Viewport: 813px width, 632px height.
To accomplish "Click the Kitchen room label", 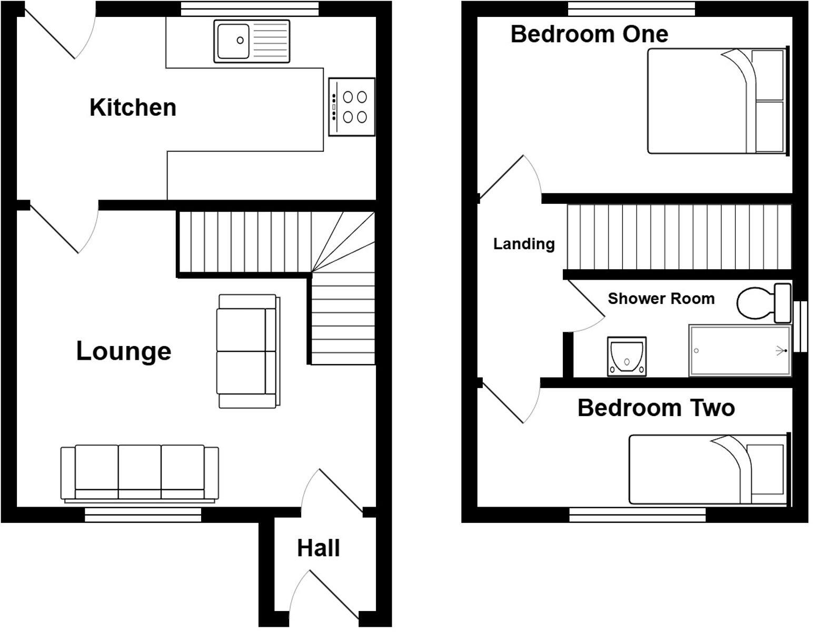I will click(133, 107).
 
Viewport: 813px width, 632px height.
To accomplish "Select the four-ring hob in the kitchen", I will click(352, 107).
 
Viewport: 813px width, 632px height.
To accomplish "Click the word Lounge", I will click(124, 351).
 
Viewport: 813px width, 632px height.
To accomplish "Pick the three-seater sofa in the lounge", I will click(140, 472).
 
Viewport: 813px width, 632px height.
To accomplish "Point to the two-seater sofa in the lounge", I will click(247, 351).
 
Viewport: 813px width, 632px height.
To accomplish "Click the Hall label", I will click(318, 548).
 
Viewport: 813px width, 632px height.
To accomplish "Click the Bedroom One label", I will click(589, 34).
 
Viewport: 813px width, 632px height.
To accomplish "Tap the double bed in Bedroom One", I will click(716, 101).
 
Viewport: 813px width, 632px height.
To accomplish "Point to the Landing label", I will click(523, 244).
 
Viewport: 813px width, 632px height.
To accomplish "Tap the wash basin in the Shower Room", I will click(627, 357).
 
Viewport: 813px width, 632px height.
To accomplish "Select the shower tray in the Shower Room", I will click(740, 351).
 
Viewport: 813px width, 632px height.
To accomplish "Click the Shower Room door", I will click(584, 305).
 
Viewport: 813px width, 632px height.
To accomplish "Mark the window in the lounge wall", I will click(143, 515).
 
